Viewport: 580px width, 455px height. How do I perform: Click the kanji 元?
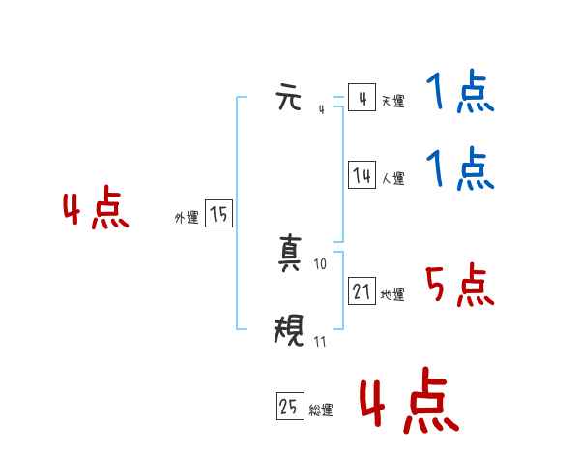289,98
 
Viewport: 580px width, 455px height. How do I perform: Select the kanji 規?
289,333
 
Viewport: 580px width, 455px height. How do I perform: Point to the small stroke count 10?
320,264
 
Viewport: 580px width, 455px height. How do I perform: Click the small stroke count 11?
320,342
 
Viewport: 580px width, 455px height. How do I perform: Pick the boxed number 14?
362,175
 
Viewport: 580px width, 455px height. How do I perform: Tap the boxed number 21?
362,290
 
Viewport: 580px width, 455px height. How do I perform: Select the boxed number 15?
218,215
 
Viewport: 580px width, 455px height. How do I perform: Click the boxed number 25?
289,408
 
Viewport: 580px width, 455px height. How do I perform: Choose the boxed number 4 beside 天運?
362,98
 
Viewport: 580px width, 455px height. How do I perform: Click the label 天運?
391,101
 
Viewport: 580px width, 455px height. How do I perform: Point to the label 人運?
392,178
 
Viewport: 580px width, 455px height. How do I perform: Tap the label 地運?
392,294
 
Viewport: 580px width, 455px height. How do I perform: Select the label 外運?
186,218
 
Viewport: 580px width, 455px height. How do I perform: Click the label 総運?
321,410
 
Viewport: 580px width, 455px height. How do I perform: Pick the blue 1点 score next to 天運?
459,94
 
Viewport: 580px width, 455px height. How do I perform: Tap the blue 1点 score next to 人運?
459,168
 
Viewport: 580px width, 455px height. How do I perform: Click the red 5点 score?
459,284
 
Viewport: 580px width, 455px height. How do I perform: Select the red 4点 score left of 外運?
96,210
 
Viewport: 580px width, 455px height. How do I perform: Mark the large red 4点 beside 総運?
408,403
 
